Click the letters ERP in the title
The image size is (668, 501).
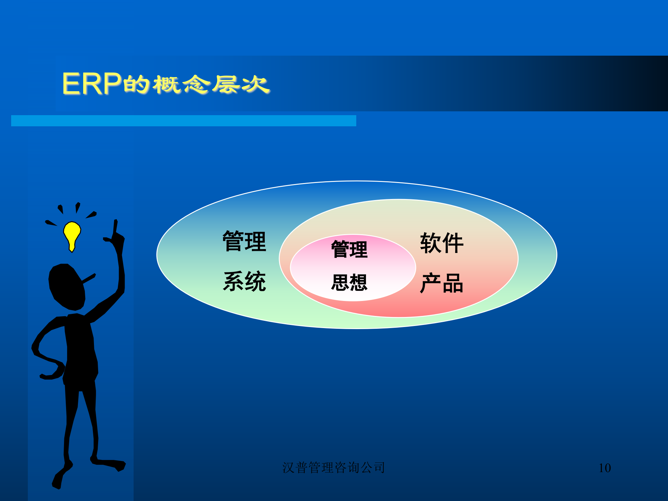click(91, 84)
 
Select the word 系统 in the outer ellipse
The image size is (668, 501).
click(245, 281)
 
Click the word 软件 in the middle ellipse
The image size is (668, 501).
click(442, 243)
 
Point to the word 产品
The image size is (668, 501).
click(442, 283)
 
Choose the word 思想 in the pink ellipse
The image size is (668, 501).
click(349, 282)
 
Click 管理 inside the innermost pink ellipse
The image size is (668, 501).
click(349, 249)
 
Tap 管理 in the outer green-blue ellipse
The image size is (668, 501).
click(245, 241)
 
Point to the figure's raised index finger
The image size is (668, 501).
click(115, 228)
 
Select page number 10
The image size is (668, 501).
click(605, 468)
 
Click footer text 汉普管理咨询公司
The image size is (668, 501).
click(333, 468)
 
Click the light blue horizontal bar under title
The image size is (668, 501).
click(183, 121)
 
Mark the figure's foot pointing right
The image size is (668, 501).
click(111, 464)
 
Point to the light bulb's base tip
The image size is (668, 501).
click(72, 249)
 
